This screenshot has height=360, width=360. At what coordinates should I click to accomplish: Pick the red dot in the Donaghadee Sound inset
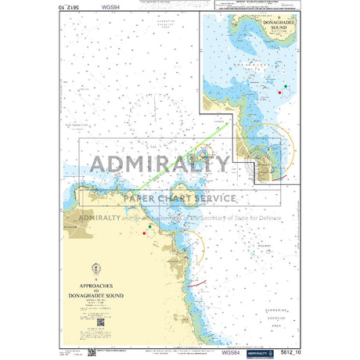[x=280, y=93]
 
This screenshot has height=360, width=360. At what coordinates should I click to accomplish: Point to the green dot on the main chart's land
[x=149, y=226]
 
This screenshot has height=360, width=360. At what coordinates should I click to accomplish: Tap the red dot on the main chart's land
[x=144, y=232]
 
